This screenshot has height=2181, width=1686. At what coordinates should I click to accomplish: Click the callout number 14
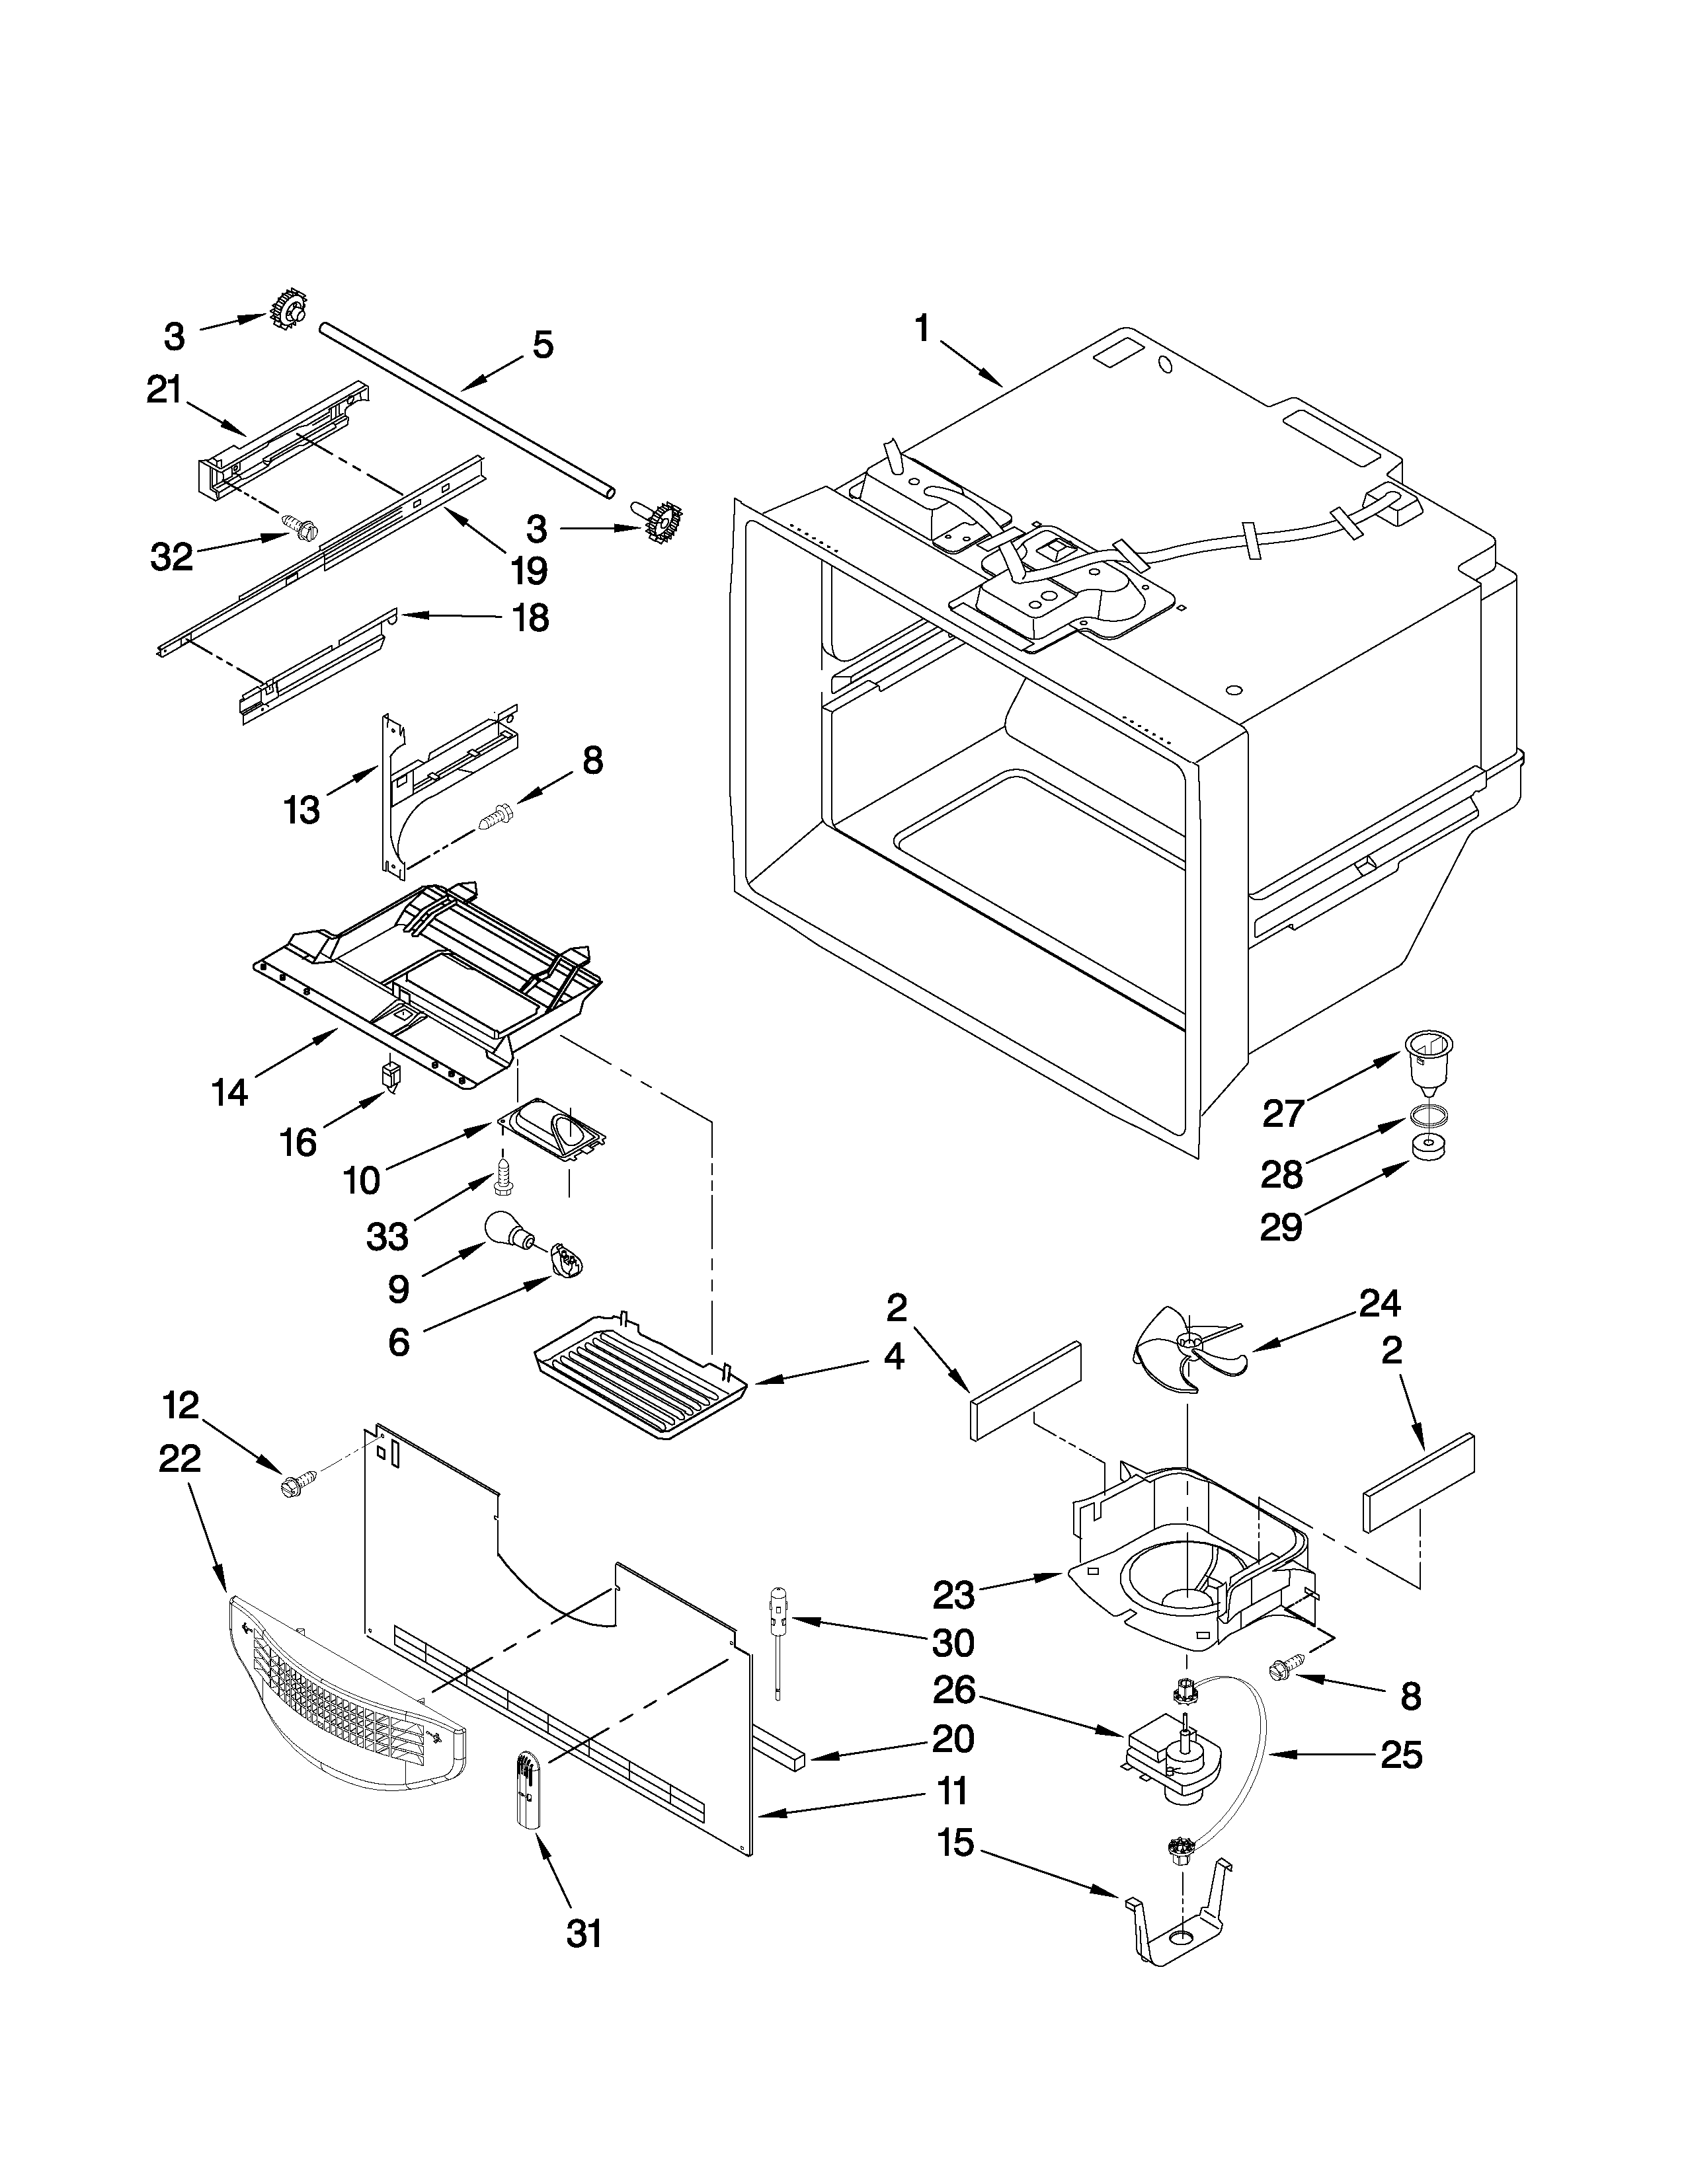pos(229,1092)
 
